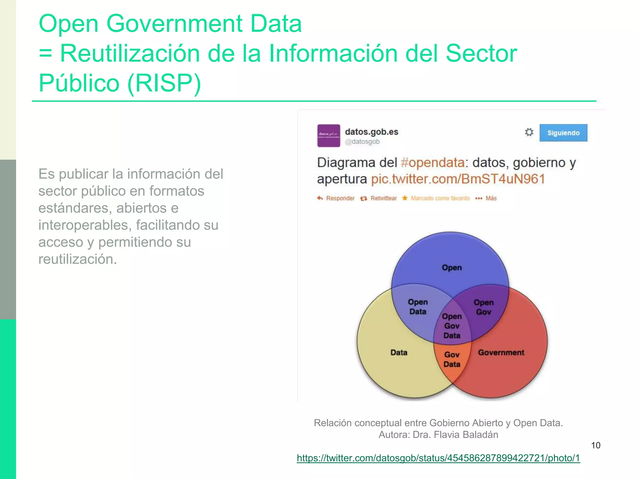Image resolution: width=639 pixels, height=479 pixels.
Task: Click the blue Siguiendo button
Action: pos(563,133)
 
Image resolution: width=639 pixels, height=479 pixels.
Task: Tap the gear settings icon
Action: pos(529,132)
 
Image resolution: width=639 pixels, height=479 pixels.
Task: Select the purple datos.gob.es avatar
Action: pos(329,136)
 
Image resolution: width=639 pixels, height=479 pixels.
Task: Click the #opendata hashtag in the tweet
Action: pos(432,163)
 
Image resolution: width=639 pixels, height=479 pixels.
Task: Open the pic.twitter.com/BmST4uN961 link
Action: pos(458,179)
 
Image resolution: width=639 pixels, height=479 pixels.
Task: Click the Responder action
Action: pos(336,198)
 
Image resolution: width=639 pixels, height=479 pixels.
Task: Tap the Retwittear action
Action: pos(379,198)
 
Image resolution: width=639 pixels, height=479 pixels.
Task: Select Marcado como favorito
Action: pos(437,198)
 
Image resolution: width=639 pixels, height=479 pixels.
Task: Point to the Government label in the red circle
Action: pos(501,352)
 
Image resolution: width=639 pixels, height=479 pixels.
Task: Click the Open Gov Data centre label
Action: pos(452,326)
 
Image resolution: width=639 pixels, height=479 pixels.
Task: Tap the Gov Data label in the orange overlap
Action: pos(452,359)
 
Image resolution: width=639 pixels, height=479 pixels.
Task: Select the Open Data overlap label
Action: pos(418,307)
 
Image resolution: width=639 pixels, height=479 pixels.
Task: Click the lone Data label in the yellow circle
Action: pos(399,352)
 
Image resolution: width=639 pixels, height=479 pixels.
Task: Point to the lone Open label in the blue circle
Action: pos(451,268)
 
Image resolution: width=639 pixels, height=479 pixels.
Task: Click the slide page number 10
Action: pos(596,445)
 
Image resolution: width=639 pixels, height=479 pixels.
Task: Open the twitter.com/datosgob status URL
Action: pos(438,458)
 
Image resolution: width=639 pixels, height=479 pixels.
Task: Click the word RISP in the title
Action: pos(164,83)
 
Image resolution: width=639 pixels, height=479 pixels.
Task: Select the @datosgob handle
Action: pos(362,142)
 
